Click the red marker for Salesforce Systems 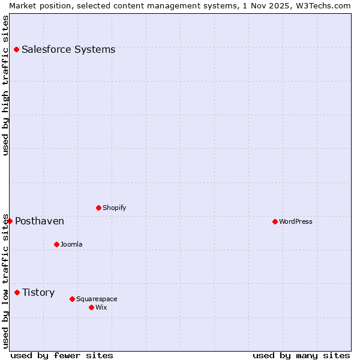click(x=16, y=49)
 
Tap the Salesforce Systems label click(x=68, y=50)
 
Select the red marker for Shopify click(x=98, y=208)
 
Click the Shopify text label click(x=115, y=208)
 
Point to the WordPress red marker click(x=275, y=221)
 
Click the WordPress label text click(x=296, y=222)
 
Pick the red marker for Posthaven click(x=10, y=221)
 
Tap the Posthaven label click(x=40, y=221)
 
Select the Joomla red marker click(x=56, y=244)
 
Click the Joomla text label click(x=71, y=245)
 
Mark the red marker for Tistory click(x=17, y=292)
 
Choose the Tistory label click(x=38, y=293)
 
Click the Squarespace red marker click(x=72, y=299)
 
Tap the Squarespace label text click(x=97, y=299)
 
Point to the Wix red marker click(x=91, y=307)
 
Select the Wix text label click(x=101, y=308)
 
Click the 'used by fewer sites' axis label click(x=62, y=355)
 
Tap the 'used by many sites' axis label click(x=301, y=355)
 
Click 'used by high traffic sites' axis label click(x=5, y=85)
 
